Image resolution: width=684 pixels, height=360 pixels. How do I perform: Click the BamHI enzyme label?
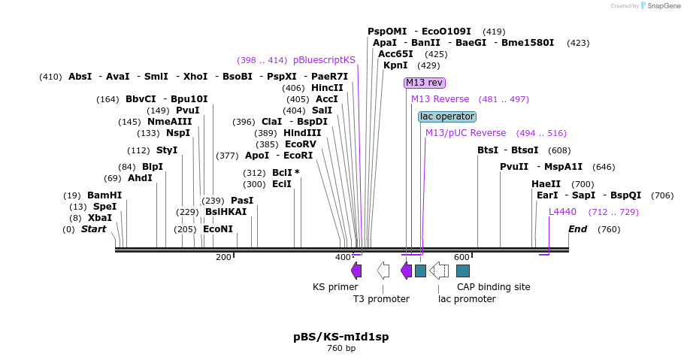coord(104,195)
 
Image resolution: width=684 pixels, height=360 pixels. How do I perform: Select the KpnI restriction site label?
coord(395,65)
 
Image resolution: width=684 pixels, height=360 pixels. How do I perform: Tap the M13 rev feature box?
coord(424,83)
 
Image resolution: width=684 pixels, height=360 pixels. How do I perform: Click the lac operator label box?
coord(447,116)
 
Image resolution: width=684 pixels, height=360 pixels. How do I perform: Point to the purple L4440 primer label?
coord(562,212)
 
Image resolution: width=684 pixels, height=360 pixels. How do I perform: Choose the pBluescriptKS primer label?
coord(324,60)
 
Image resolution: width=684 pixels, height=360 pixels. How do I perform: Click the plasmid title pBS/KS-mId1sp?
coord(341,337)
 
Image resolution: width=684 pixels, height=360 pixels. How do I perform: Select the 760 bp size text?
coord(341,349)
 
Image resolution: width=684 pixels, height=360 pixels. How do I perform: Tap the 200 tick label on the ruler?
coord(223,258)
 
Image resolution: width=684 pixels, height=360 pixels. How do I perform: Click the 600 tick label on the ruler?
coord(462,258)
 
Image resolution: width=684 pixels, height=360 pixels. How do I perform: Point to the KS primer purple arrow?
coord(356,271)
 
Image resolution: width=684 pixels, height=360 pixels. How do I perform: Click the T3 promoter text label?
coord(381,299)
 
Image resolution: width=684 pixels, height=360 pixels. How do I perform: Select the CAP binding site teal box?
coord(463,271)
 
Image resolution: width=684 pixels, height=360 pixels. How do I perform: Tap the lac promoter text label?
coord(467,299)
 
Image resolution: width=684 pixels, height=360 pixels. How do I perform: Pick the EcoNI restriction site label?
coord(218,229)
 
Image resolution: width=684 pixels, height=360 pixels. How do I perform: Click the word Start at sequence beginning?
coord(94,229)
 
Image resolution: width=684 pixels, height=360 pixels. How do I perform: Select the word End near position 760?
coord(577,229)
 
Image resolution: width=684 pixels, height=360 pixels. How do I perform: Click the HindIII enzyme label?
coord(302,133)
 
